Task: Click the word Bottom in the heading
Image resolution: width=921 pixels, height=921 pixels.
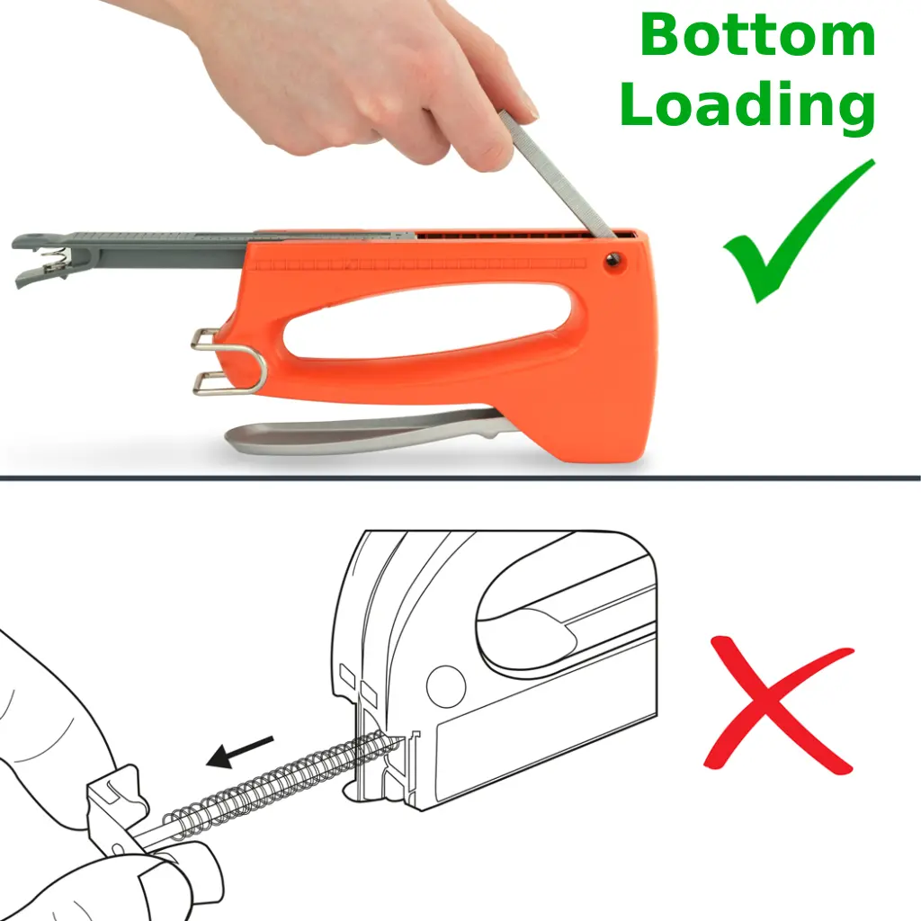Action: coord(757,35)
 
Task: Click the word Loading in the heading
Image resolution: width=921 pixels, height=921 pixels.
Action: coord(747,104)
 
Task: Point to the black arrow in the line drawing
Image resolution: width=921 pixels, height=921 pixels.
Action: coord(239,752)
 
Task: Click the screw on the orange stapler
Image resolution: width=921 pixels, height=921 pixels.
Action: coord(614,260)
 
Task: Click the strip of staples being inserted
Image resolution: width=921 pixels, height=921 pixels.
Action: coord(558,175)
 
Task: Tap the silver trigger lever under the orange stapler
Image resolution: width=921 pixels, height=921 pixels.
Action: coord(364,431)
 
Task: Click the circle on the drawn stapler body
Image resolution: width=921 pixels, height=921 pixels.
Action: coord(446,686)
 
